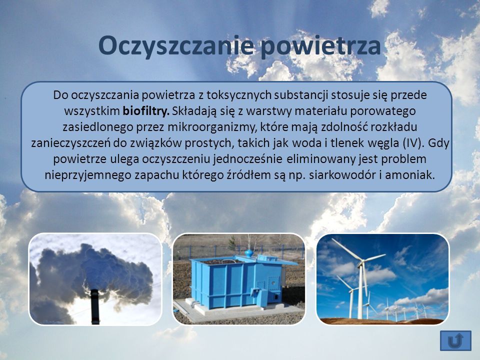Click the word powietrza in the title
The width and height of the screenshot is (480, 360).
pyautogui.click(x=321, y=46)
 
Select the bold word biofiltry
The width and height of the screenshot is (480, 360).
pyautogui.click(x=146, y=111)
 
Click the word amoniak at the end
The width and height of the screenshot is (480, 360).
pyautogui.click(x=410, y=175)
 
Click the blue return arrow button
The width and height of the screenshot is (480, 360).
pyautogui.click(x=455, y=340)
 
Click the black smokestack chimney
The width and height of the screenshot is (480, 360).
pyautogui.click(x=95, y=306)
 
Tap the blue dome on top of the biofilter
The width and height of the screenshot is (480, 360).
pyautogui.click(x=249, y=253)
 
